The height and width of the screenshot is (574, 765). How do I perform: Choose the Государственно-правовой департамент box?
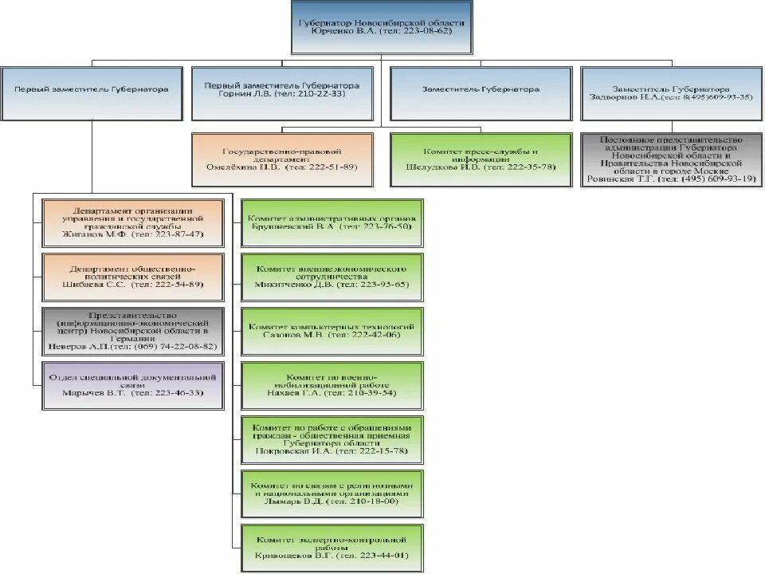click(x=283, y=159)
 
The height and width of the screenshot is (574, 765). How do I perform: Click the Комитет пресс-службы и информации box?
click(x=481, y=159)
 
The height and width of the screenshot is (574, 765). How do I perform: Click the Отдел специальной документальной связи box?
click(x=132, y=384)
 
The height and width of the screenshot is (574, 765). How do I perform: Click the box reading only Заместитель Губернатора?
click(x=481, y=90)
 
